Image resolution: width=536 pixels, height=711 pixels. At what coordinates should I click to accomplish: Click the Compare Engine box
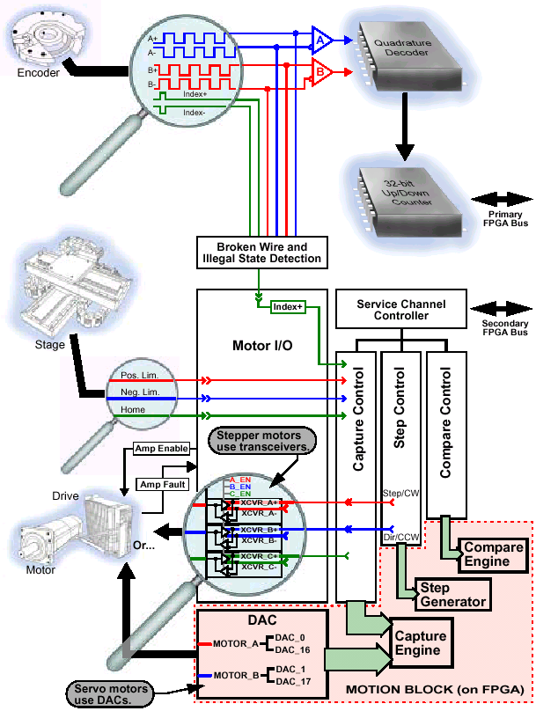point(493,554)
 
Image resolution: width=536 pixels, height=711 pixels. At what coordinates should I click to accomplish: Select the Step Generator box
point(453,595)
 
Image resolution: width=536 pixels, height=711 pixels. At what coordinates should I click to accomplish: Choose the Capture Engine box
point(418,642)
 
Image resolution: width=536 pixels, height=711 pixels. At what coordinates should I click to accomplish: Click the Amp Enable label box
point(161,448)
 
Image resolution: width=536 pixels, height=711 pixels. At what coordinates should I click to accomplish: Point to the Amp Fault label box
point(161,483)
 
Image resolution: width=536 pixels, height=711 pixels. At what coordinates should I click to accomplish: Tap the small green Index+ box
point(287,307)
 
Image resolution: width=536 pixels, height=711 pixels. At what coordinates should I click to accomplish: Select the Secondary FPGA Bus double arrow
point(498,310)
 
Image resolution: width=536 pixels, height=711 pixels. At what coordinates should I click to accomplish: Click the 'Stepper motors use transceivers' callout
point(261,441)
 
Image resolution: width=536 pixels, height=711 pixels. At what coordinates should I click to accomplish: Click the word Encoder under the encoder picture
point(39,73)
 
